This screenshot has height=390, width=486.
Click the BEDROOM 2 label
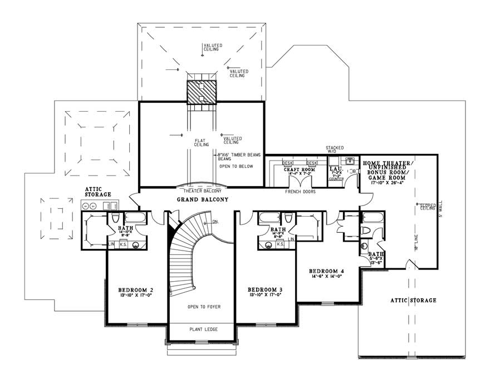coord(135,290)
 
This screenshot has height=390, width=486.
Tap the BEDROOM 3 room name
coord(265,290)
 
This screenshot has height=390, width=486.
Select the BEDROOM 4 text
coord(327,271)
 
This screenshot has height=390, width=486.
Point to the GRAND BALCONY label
coord(203,199)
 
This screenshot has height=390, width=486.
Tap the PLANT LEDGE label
coord(203,330)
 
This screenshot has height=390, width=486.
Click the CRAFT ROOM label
coord(300,169)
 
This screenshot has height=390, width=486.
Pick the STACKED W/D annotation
coord(335,149)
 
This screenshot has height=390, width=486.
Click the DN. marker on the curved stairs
coord(216,222)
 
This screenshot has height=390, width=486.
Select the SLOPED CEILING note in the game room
coord(428,207)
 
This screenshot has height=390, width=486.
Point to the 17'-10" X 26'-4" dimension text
coord(388,181)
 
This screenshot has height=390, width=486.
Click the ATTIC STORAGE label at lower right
coord(414,301)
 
